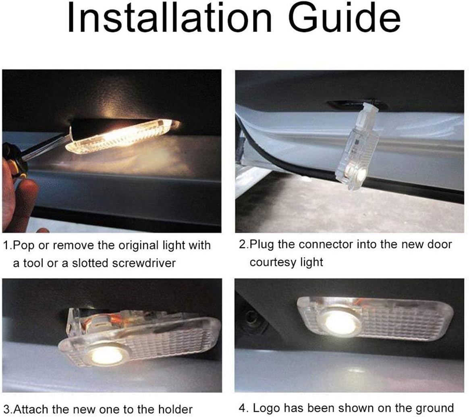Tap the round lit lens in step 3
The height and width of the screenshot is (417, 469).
[x=106, y=355]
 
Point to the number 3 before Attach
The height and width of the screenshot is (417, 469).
[x=6, y=409]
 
